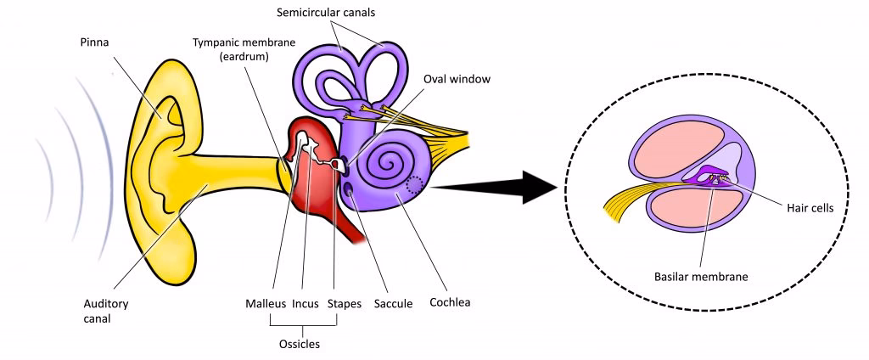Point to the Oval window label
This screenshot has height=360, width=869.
(x=457, y=80)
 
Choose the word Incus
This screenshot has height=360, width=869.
(x=306, y=303)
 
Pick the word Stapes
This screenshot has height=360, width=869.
(x=344, y=303)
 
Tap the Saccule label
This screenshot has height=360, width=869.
(x=393, y=303)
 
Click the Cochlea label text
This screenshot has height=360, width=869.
(x=449, y=301)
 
